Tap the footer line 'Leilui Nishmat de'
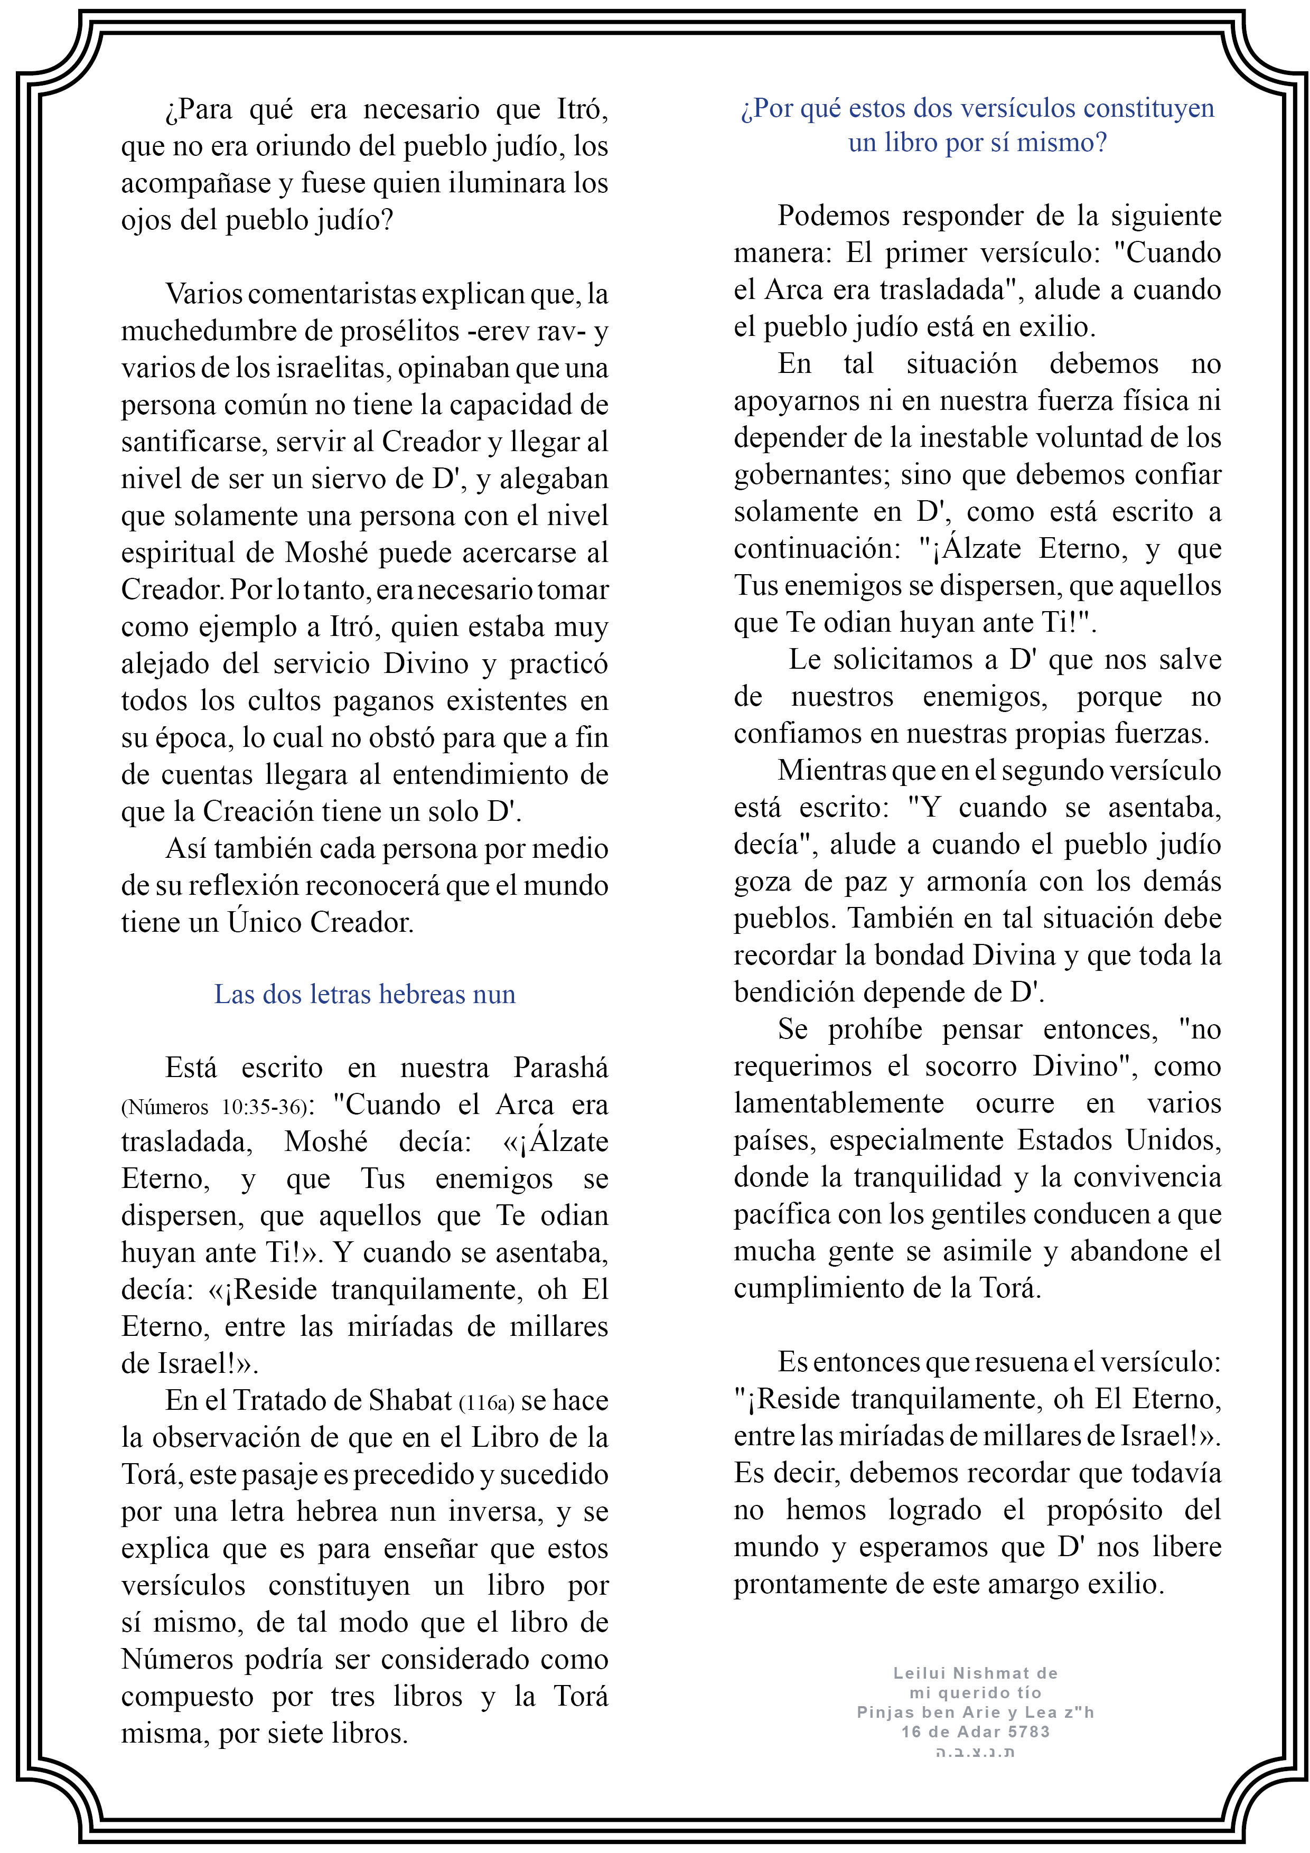pyautogui.click(x=975, y=1673)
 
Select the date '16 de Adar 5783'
pyautogui.click(x=975, y=1731)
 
